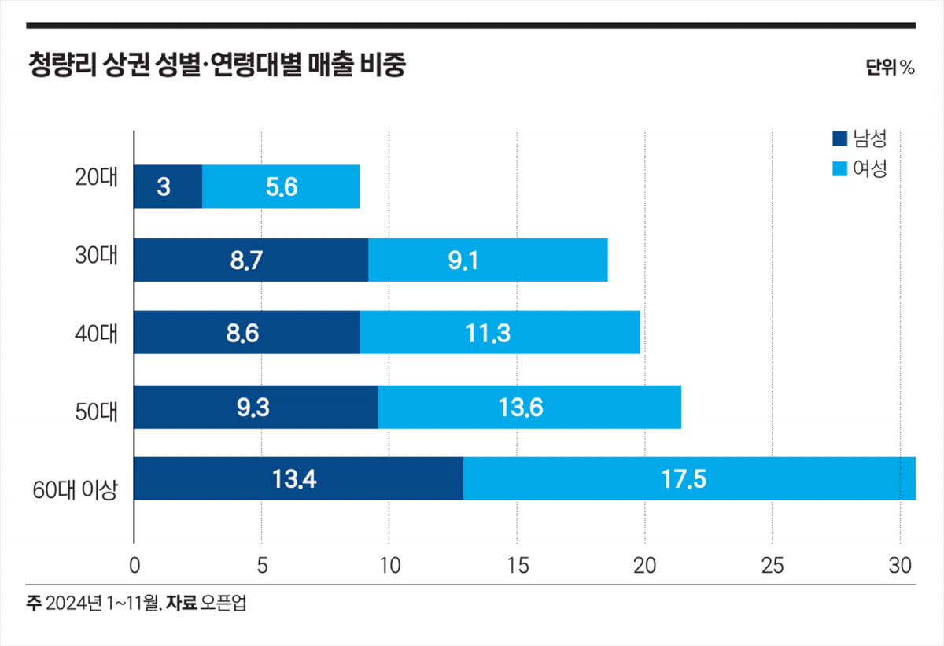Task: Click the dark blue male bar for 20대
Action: point(168,186)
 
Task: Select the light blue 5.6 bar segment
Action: point(281,186)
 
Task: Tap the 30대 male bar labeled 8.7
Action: point(250,260)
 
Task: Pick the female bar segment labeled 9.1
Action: point(488,260)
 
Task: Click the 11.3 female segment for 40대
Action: point(500,333)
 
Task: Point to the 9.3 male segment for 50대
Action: point(256,407)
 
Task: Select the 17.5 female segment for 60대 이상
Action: point(689,478)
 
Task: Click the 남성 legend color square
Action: point(839,140)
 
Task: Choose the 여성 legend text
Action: point(870,168)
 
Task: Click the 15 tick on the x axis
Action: point(517,565)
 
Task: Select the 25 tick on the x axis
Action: point(773,565)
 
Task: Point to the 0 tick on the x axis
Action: point(134,565)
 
